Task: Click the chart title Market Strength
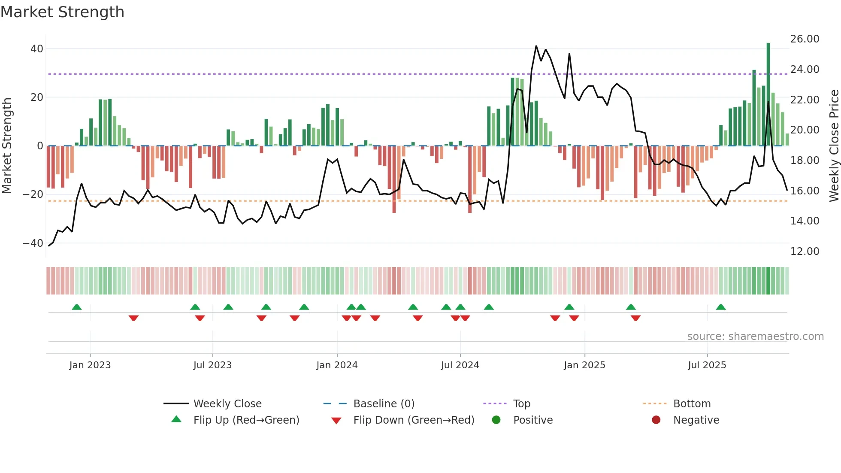point(63,12)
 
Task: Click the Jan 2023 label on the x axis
point(90,365)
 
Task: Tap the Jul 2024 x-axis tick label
point(460,365)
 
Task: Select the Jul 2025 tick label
point(707,365)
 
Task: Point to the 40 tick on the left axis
point(37,49)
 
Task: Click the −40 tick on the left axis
point(33,243)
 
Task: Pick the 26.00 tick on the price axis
point(805,39)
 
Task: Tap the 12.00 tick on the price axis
point(805,252)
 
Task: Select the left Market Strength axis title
point(7,146)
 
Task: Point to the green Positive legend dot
point(496,420)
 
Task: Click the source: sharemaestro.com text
point(755,337)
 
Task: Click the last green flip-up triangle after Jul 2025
point(721,307)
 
